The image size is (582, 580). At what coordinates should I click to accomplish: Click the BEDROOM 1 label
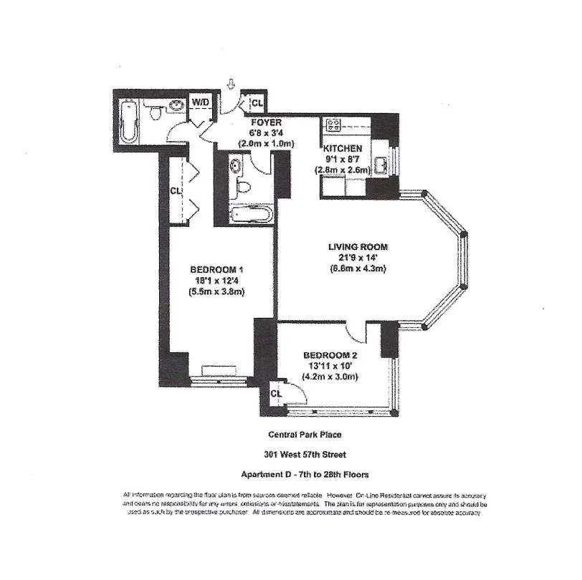point(217,269)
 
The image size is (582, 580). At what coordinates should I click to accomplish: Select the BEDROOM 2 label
point(330,354)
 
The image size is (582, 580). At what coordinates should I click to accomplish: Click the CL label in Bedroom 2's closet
point(277,392)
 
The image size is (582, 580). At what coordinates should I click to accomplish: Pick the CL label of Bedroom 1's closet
point(175,190)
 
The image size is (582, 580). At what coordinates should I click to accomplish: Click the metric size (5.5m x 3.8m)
point(217,291)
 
